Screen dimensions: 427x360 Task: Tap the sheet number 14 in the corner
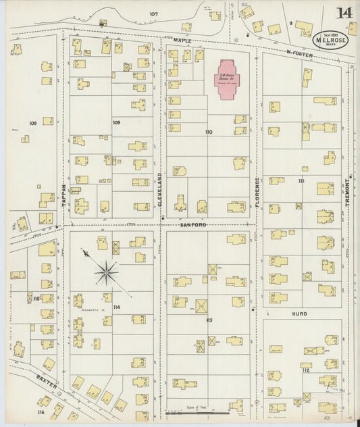pos(344,12)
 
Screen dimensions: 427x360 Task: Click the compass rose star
pos(105,273)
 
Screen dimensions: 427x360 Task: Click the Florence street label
pos(257,192)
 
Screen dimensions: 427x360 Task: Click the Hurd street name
pos(299,314)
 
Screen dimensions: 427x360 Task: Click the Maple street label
pos(182,41)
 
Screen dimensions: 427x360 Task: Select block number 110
pos(209,132)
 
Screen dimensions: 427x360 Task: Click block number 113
pos(209,320)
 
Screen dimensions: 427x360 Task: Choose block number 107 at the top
pos(154,14)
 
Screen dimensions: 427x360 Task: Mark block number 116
pos(41,411)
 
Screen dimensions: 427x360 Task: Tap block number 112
pos(305,370)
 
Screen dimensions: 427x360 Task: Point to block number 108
pos(32,123)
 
